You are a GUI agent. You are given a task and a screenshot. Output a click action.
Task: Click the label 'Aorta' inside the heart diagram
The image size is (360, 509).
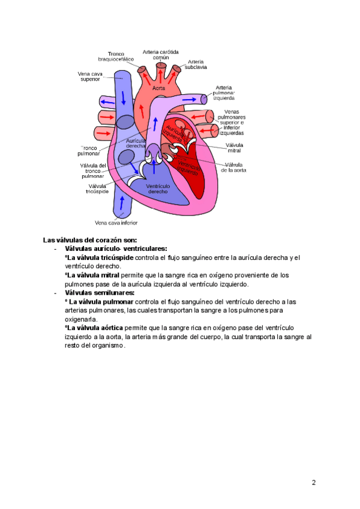point(158,88)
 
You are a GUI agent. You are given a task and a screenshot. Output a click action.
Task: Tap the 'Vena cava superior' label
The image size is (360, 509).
point(90,77)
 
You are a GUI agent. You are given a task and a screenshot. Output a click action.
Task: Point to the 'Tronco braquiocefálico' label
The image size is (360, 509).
point(116,56)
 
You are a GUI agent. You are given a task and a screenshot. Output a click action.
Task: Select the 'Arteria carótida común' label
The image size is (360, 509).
point(160,55)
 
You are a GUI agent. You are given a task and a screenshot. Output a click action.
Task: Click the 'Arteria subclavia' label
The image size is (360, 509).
point(196,64)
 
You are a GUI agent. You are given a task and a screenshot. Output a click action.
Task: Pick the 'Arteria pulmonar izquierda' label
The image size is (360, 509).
point(224,92)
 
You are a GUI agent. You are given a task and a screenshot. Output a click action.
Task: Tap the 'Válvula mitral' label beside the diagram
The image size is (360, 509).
point(234,148)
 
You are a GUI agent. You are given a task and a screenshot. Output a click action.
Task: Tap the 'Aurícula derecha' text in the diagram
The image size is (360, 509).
point(136,143)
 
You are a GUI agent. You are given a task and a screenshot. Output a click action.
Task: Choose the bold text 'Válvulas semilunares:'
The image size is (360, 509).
point(100,292)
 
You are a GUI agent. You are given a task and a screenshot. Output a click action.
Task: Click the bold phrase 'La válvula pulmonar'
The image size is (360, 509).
point(99,301)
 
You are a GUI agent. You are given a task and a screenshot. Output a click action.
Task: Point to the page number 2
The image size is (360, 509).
point(313,483)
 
